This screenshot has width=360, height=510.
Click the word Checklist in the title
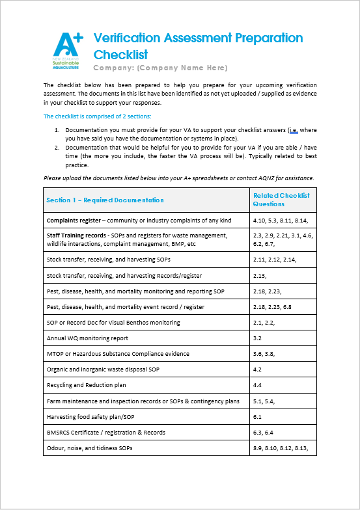coord(121,55)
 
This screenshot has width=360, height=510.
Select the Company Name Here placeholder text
coord(182,68)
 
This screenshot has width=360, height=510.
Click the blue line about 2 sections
coord(97,116)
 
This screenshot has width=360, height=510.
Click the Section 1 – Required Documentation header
coord(105,200)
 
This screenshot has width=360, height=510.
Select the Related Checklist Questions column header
coord(281,200)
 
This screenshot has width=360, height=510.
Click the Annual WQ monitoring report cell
coord(88,338)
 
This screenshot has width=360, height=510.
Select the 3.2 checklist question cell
coord(257,338)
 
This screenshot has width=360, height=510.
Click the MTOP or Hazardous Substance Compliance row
coord(118,354)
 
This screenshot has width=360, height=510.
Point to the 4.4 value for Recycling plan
coord(257,385)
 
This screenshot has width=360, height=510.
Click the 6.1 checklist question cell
coord(257,417)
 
